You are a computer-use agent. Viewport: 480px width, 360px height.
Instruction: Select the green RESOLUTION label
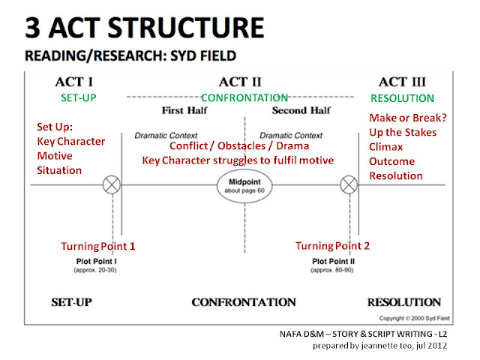coord(402,98)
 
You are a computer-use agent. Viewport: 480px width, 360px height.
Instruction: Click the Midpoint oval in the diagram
coord(243,184)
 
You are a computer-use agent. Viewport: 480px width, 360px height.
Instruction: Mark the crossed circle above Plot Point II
coord(347,184)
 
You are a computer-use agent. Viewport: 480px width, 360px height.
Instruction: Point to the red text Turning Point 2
coord(332,245)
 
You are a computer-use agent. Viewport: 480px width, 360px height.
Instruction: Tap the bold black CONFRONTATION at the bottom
coord(243,302)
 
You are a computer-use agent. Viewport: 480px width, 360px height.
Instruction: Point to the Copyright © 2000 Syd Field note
coord(421,318)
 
